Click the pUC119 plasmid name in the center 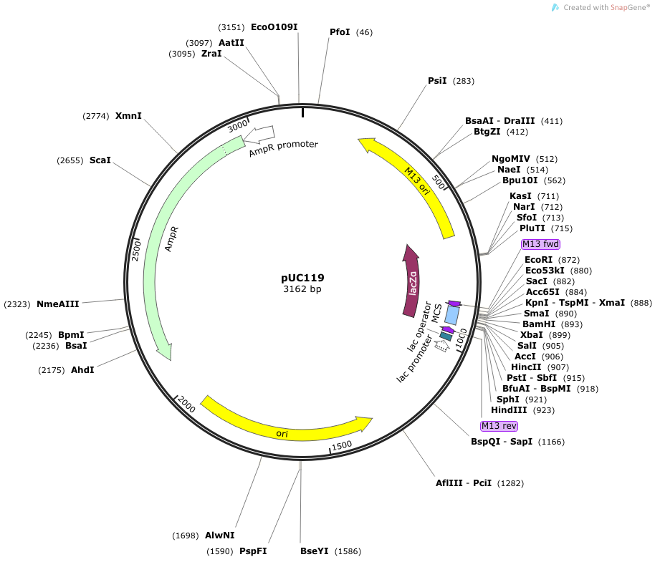click(x=302, y=278)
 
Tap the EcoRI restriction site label click(x=538, y=259)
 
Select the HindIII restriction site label click(x=509, y=410)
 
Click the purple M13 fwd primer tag click(x=540, y=244)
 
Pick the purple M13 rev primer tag click(x=499, y=426)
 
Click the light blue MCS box click(x=451, y=315)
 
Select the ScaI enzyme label click(x=100, y=160)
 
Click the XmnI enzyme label click(x=128, y=115)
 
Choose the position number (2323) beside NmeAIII click(x=17, y=304)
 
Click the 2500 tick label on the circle click(x=136, y=251)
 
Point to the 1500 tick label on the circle click(x=342, y=445)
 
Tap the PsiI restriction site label click(x=437, y=80)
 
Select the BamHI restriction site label click(x=539, y=324)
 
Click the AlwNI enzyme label click(x=220, y=536)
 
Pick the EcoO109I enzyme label click(x=274, y=27)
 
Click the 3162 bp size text click(x=302, y=289)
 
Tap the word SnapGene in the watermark click(x=628, y=7)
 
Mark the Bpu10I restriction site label click(x=520, y=180)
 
